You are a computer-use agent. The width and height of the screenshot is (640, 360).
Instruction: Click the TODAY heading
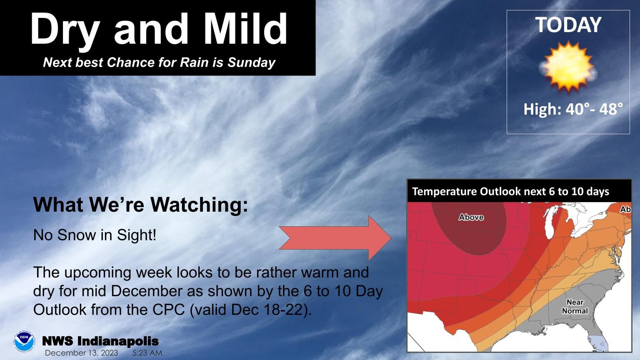[x=568, y=25]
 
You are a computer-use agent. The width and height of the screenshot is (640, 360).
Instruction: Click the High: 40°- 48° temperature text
[x=573, y=109]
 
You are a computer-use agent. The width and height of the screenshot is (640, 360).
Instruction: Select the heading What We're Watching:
[x=140, y=205]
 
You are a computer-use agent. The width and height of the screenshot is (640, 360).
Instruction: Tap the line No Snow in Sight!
[x=95, y=235]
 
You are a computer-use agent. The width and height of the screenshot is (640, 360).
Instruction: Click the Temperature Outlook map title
[x=510, y=192]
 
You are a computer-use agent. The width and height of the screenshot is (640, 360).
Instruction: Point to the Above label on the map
[x=471, y=217]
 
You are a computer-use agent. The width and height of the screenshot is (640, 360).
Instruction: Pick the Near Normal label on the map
[x=575, y=307]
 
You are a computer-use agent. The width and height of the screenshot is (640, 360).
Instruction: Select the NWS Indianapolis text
[x=100, y=341]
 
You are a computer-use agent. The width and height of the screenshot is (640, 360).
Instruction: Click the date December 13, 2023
[x=81, y=353]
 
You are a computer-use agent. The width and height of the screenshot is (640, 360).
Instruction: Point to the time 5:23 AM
[x=147, y=353]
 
